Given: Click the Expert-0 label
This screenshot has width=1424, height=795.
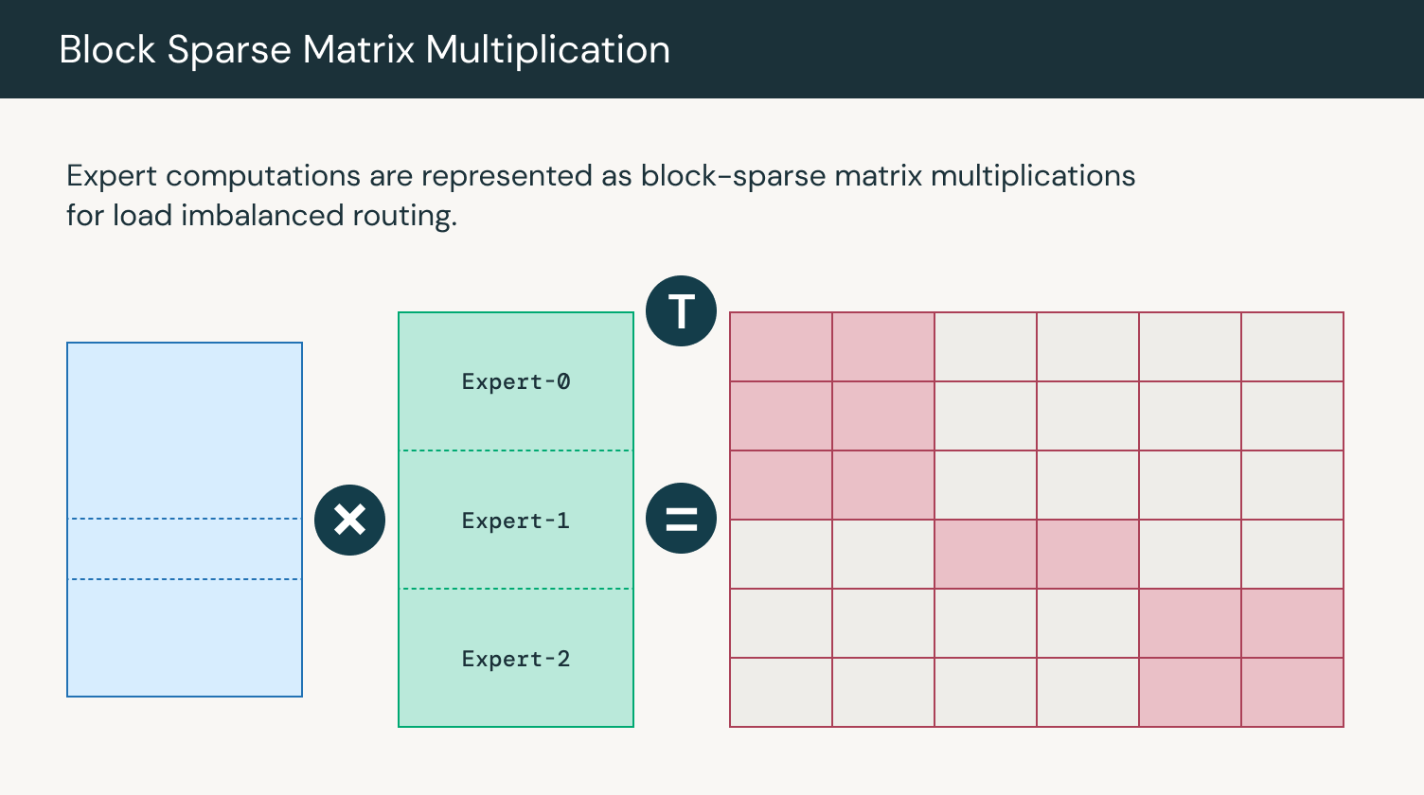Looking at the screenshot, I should click(515, 381).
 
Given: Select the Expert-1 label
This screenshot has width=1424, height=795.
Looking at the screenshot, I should click(515, 521).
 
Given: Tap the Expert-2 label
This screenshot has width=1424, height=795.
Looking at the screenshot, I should click(515, 659).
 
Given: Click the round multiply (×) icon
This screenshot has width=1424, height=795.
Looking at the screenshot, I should click(349, 520).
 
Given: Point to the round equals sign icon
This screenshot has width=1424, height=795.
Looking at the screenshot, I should click(681, 519).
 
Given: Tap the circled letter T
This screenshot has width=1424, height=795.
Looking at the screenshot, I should click(681, 311).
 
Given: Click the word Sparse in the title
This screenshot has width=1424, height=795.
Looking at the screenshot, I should click(229, 50).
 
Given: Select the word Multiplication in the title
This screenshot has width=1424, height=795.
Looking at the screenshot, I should click(547, 50).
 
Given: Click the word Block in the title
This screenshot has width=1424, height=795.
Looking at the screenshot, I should click(107, 50).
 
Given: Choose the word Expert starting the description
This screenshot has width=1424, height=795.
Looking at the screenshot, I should click(112, 176).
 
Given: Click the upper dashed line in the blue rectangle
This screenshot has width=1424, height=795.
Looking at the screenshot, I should click(185, 519).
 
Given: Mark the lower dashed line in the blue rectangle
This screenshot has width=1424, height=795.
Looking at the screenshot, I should click(185, 579).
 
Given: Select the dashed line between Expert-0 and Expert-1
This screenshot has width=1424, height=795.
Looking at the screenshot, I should click(516, 450).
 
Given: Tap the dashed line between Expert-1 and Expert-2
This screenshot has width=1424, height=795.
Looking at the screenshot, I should click(516, 589).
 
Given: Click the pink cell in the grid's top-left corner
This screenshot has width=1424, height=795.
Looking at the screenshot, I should click(781, 347).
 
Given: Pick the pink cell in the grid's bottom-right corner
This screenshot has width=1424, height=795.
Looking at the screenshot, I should click(1292, 692).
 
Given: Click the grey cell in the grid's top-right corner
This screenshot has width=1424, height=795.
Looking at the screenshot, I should click(1292, 347).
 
